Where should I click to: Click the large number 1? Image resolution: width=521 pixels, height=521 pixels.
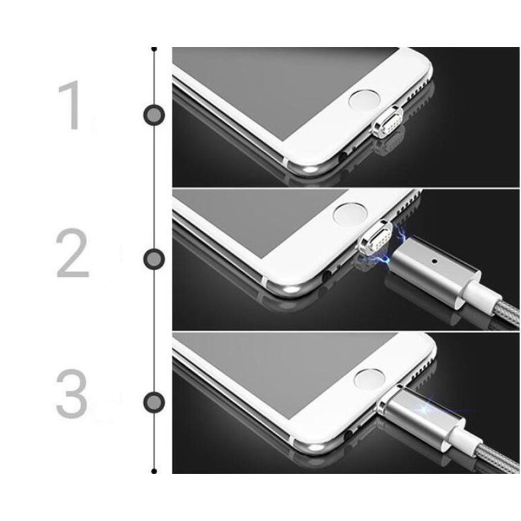tap(71, 106)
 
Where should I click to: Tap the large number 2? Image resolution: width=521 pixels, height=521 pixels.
tap(72, 253)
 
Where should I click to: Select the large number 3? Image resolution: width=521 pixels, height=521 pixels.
tap(72, 394)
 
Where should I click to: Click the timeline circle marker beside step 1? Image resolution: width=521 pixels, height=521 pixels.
tap(154, 115)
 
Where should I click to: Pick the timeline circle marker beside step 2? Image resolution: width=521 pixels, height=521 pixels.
tap(154, 259)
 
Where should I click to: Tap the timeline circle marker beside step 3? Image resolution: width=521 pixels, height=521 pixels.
tap(154, 402)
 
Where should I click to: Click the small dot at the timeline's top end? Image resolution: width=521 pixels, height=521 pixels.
tap(154, 49)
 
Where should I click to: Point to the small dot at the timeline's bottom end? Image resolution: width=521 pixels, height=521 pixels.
tap(154, 471)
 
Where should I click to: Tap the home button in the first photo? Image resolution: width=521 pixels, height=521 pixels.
tap(365, 100)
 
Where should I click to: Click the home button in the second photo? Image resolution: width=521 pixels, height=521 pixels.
tap(350, 213)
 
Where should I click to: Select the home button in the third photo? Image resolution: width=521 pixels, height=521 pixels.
tap(370, 379)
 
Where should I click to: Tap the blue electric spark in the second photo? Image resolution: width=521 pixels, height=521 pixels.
tap(393, 245)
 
